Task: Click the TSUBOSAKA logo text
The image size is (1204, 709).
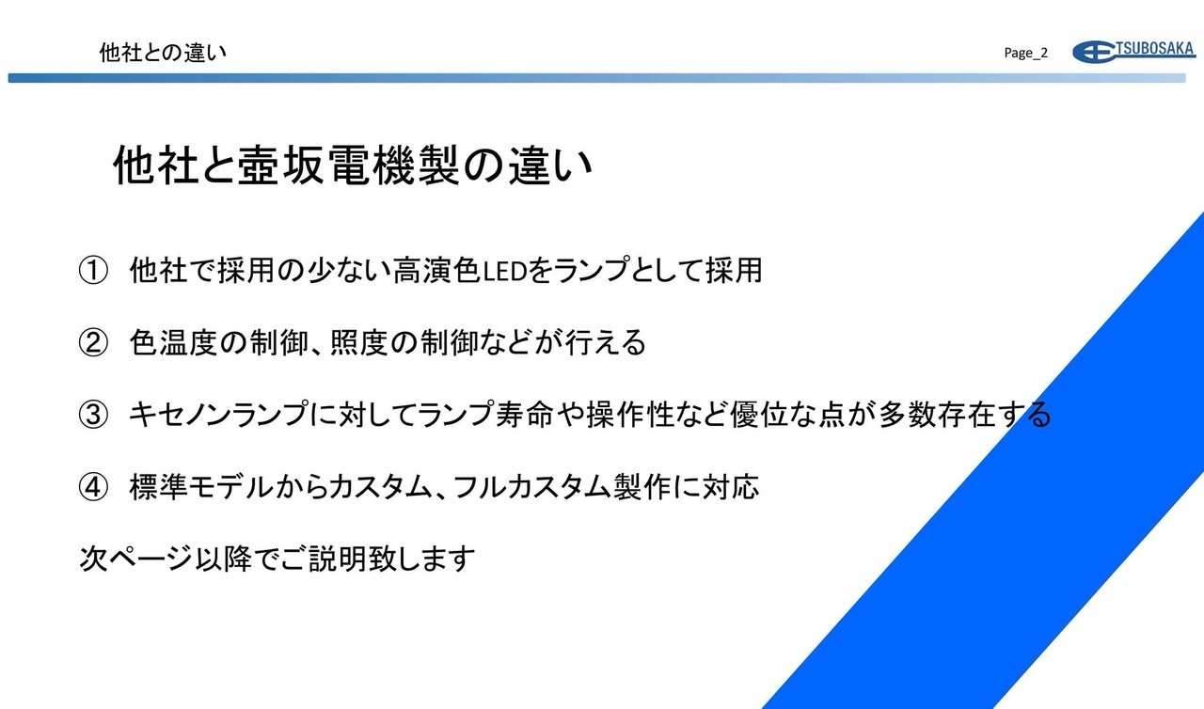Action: pos(1155,48)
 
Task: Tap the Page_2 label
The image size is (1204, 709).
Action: pos(1025,53)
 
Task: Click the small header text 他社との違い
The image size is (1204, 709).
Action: pos(163,53)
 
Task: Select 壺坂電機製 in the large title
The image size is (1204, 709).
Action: pos(348,165)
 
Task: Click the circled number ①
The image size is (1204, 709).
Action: pos(93,270)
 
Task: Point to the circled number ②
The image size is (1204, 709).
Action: pos(93,342)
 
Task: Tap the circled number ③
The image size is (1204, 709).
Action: pos(93,416)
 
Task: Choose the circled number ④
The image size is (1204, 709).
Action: pos(93,488)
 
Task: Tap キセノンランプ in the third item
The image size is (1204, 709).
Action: pos(219,415)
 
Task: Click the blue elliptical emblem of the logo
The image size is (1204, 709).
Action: pos(1093,52)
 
